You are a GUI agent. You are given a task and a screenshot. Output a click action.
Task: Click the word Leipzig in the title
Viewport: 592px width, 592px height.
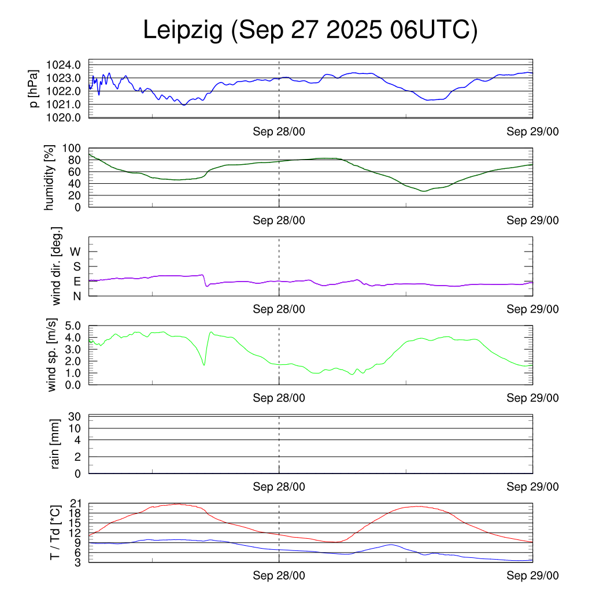click(183, 31)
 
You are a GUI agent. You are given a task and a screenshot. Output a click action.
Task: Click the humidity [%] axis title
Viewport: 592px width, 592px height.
click(51, 177)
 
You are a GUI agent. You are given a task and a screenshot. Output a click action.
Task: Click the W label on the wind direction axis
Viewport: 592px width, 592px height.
click(75, 251)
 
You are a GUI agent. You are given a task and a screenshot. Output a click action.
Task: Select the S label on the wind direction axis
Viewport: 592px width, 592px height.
click(77, 267)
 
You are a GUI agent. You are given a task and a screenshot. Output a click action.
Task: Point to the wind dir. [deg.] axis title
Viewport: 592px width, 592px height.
click(57, 266)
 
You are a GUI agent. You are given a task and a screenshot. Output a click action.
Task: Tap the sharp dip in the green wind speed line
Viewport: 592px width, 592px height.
click(204, 364)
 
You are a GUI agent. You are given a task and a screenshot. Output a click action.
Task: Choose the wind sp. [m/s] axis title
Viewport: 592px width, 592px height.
click(53, 355)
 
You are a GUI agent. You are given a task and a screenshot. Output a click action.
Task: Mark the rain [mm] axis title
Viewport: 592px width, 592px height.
click(55, 444)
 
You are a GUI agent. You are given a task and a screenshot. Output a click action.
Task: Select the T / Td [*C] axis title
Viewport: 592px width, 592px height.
click(55, 532)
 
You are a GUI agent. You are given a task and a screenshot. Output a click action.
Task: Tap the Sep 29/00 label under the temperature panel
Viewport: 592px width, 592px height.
click(532, 576)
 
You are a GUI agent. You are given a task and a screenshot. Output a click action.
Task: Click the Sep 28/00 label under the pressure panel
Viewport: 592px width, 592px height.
click(279, 132)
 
